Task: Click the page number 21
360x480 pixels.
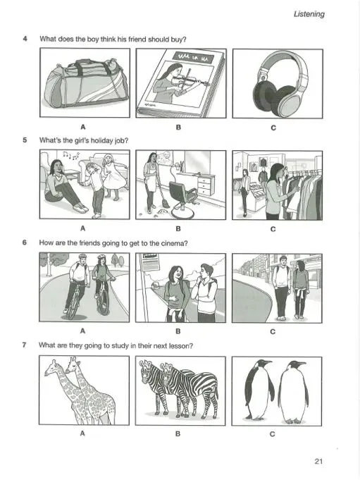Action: point(318,462)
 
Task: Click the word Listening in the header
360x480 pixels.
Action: point(309,14)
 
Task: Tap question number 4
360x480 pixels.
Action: point(25,39)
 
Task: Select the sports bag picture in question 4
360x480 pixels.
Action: point(85,82)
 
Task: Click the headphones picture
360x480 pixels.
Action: point(278,84)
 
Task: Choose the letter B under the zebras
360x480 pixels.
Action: point(178,433)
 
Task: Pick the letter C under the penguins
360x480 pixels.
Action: point(272,434)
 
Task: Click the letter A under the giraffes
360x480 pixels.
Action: point(82,433)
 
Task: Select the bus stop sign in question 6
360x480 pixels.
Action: point(150,262)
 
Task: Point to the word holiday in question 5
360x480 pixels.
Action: point(99,140)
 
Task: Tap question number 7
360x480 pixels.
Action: point(24,345)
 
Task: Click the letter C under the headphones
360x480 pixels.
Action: point(273,128)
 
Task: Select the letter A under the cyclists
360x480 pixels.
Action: point(82,331)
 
